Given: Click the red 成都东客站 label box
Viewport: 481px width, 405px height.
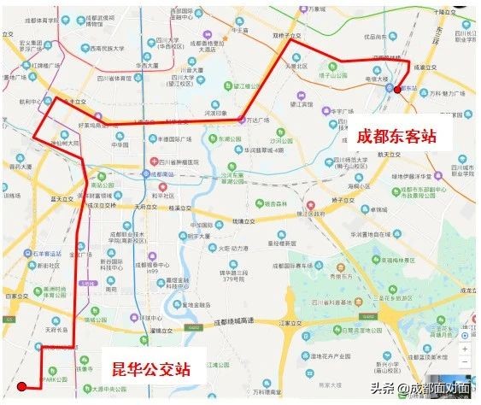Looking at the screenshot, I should click(x=391, y=138).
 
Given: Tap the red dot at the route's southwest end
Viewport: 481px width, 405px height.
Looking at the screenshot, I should click(x=22, y=386).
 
